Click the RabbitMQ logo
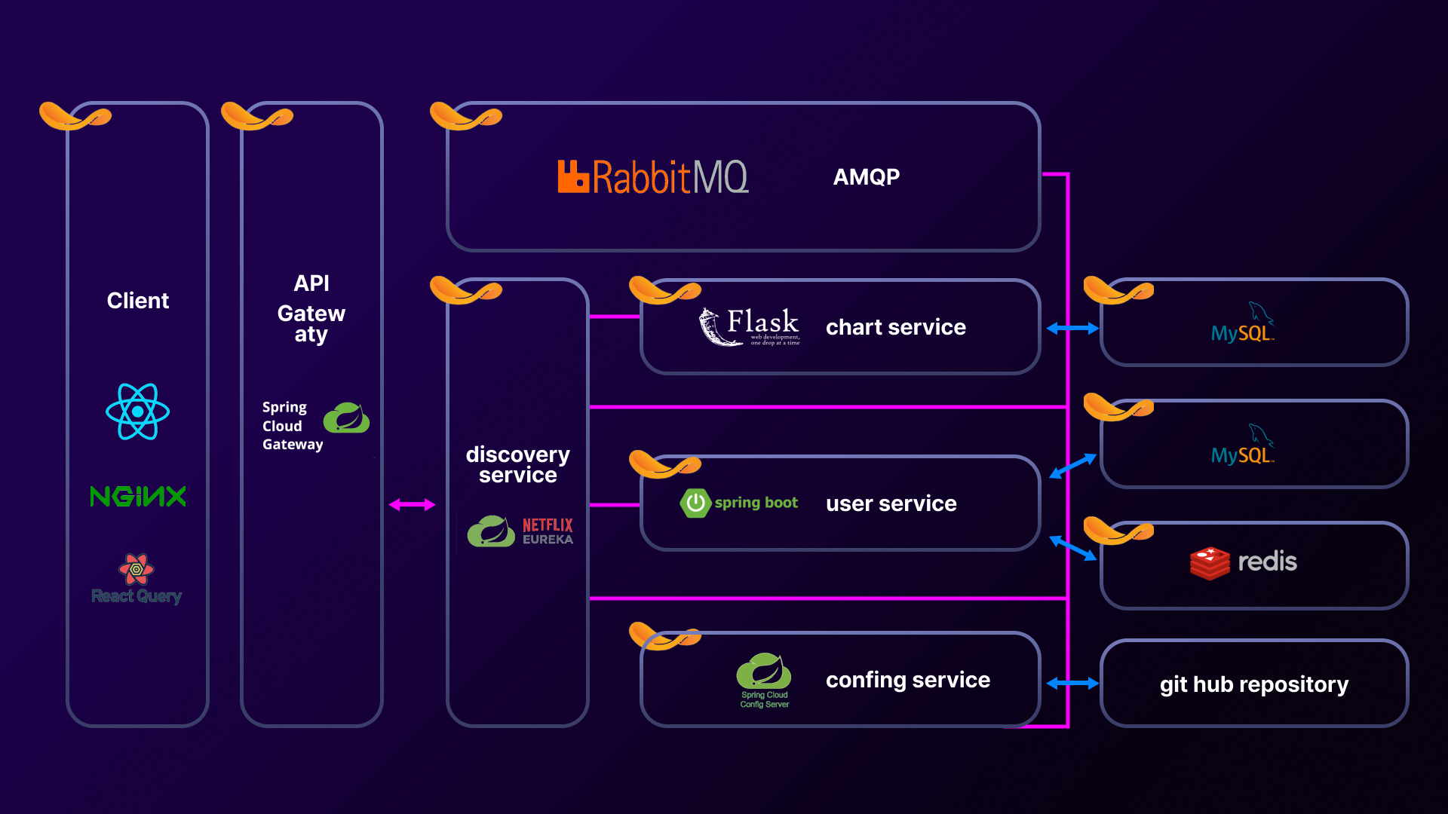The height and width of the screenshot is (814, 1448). pos(652,177)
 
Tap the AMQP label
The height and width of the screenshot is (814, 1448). pos(867,177)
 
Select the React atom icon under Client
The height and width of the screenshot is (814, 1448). pos(137,412)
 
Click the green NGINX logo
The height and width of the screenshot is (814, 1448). pos(137,496)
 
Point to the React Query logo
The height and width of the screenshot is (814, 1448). pos(137,579)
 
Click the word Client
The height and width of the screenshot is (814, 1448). pos(138,301)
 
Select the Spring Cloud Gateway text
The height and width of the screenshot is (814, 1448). pos(292,426)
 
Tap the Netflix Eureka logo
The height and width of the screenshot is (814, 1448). pos(520,531)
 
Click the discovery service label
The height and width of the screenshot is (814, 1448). pos(517,464)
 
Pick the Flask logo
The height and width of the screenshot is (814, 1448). pos(749,327)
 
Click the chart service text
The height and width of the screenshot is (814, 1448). pos(895,327)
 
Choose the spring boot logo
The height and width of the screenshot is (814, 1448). pos(739,503)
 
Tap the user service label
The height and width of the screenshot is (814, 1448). pos(891,503)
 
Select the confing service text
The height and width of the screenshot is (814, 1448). pos(907,680)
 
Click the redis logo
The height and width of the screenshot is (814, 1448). pos(1243,563)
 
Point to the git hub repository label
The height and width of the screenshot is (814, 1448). pos(1253,684)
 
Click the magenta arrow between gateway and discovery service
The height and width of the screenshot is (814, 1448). pos(412,505)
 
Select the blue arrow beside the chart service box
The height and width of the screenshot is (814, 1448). pos(1072,329)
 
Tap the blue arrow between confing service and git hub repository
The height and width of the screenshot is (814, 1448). pos(1072,684)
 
